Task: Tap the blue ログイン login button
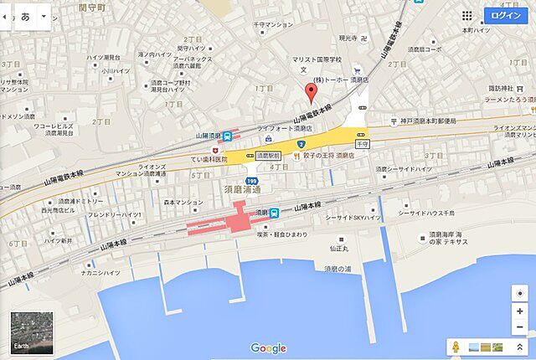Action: [506, 16]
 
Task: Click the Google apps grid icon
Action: [466, 16]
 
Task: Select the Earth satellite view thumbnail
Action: [32, 333]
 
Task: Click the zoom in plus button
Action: [519, 311]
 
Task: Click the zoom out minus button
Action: [519, 327]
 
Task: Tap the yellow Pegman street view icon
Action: [456, 347]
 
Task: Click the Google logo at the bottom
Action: [268, 348]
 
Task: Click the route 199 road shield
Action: [252, 179]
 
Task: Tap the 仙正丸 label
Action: [340, 248]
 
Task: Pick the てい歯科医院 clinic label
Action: [209, 159]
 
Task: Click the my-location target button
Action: [519, 293]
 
